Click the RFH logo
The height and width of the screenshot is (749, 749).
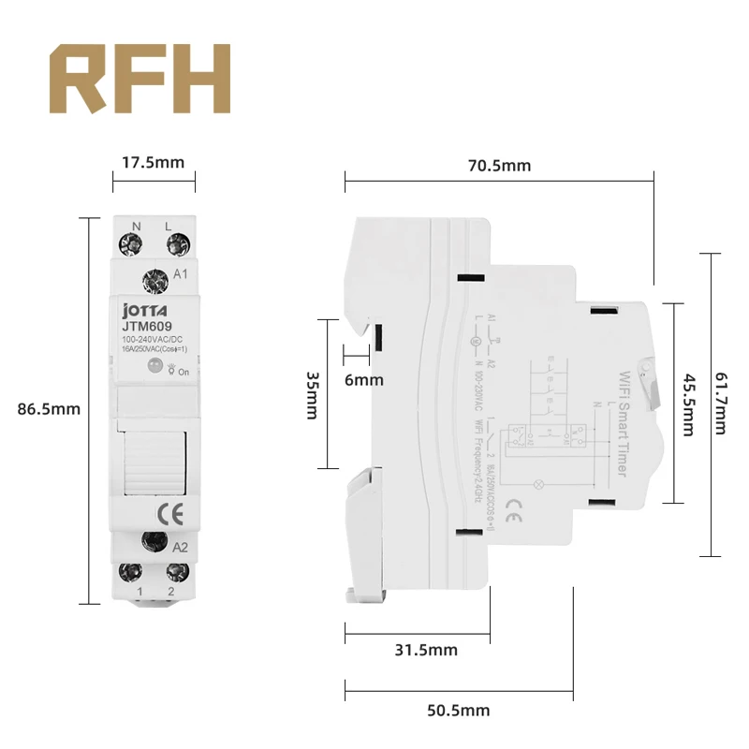pyautogui.click(x=140, y=79)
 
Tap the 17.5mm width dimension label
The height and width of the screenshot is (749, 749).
pyautogui.click(x=154, y=162)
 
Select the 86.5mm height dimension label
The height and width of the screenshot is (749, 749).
pyautogui.click(x=49, y=409)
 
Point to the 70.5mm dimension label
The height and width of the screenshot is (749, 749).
pyautogui.click(x=500, y=166)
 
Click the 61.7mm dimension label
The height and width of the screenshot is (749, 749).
pyautogui.click(x=719, y=404)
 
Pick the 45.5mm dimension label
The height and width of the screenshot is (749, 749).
pyautogui.click(x=687, y=405)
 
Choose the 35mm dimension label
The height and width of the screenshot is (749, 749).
pyautogui.click(x=312, y=394)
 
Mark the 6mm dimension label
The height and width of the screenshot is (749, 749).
pyautogui.click(x=364, y=380)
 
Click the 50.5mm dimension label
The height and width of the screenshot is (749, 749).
pyautogui.click(x=459, y=710)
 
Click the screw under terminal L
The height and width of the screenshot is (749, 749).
pyautogui.click(x=174, y=245)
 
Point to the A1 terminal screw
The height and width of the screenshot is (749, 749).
pyautogui.click(x=152, y=279)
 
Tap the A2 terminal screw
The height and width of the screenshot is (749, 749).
pyautogui.click(x=152, y=541)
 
